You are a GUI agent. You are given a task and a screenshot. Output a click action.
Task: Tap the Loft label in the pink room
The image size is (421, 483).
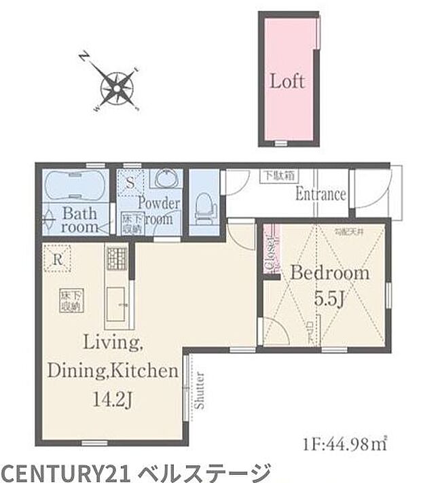tap(287, 82)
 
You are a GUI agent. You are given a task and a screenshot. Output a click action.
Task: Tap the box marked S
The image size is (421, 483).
tap(130, 182)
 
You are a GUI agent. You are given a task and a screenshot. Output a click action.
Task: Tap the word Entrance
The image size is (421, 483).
tap(321, 194)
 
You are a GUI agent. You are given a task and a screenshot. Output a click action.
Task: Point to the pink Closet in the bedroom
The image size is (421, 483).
tap(275, 250)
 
